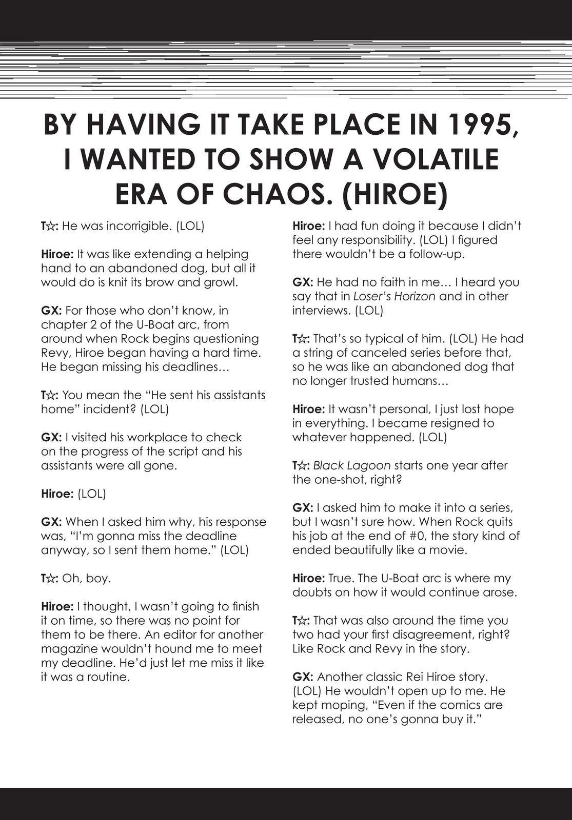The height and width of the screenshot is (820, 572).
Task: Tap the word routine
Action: coord(110,676)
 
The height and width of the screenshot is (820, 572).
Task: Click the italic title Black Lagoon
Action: coord(351,465)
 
